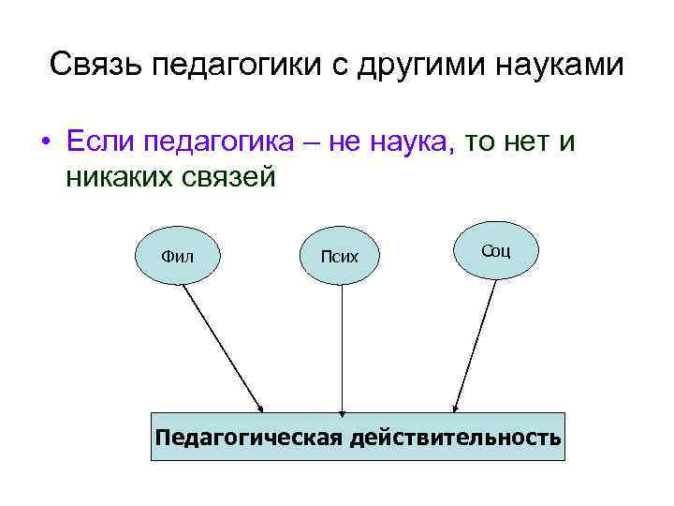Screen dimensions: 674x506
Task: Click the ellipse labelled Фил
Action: tap(178, 255)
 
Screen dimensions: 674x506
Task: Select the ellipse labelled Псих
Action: tap(340, 255)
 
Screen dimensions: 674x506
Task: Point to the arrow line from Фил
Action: tap(222, 348)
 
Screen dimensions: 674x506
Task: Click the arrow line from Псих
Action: tap(342, 347)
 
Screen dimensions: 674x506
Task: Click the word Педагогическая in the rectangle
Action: tap(248, 437)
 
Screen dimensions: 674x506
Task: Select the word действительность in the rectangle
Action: tap(455, 437)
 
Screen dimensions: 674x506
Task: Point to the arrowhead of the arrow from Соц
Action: tap(455, 408)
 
